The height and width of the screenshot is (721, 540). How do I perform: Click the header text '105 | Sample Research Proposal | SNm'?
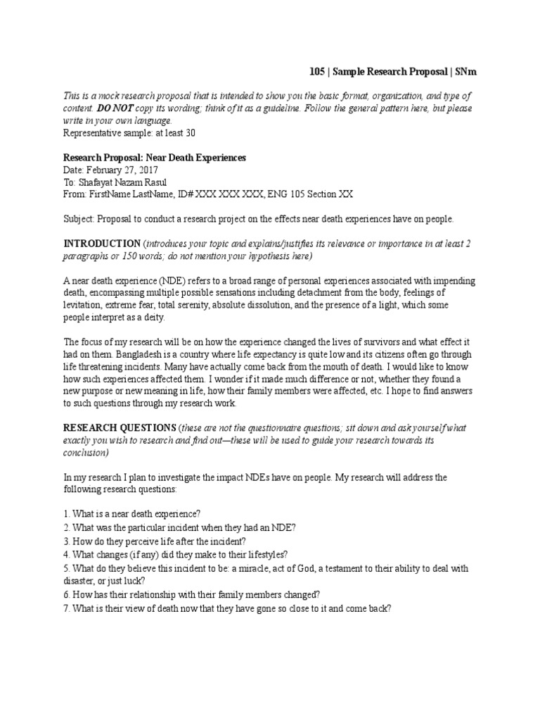pyautogui.click(x=393, y=72)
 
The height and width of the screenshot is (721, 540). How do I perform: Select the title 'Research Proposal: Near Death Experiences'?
pyautogui.click(x=155, y=158)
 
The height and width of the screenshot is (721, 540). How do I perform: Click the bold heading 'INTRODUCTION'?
pyautogui.click(x=102, y=243)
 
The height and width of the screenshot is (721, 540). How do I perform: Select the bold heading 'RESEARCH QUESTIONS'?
pyautogui.click(x=120, y=428)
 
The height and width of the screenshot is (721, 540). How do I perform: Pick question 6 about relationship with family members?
pyautogui.click(x=192, y=594)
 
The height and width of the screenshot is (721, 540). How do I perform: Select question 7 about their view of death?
pyautogui.click(x=226, y=606)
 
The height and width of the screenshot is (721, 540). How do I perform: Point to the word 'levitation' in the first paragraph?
pyautogui.click(x=82, y=305)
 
